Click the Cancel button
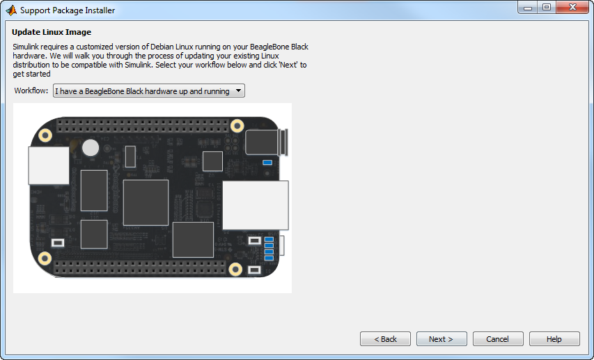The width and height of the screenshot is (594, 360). pos(498,339)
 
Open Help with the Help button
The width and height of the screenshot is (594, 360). pos(554,339)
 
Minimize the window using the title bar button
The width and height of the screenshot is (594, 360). pos(528,8)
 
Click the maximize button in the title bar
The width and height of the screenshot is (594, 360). pos(547,8)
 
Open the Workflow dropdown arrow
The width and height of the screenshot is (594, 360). pos(238,91)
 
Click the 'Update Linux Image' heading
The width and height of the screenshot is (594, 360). pos(52,32)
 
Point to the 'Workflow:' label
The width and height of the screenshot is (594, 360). pos(32,91)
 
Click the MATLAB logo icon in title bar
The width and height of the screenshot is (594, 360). pos(10,10)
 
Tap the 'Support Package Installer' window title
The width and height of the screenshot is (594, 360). pos(68,10)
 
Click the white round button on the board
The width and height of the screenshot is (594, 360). pos(91,148)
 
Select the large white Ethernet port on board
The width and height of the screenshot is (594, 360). pos(254,205)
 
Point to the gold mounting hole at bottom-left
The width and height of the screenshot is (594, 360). pos(45,259)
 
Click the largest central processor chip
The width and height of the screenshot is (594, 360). pos(146,202)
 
